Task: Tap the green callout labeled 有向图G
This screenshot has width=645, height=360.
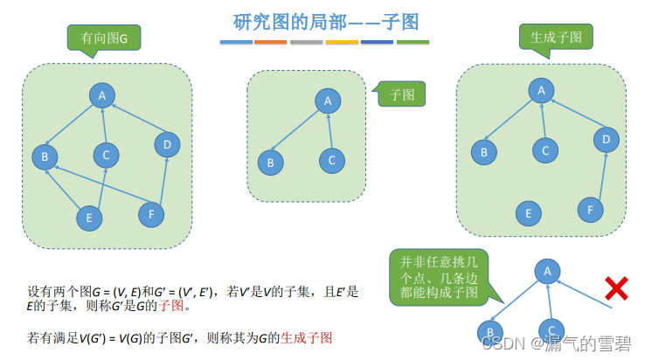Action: tap(104, 38)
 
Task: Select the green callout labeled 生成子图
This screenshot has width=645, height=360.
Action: tap(561, 37)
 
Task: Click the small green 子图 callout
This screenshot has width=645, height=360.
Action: tap(402, 94)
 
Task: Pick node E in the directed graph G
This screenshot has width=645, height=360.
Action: tap(88, 217)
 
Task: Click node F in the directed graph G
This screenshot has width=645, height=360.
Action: tap(151, 213)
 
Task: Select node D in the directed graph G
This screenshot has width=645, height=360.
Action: tap(167, 144)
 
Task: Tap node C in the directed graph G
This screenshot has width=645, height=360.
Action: tap(106, 156)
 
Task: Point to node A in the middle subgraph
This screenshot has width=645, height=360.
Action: tap(328, 101)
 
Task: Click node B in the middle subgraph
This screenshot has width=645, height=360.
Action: tap(271, 162)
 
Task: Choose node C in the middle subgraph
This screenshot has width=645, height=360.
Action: tap(329, 161)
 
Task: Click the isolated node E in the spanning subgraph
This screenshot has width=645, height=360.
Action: tap(526, 213)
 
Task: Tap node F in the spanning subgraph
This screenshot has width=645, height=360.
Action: tap(591, 209)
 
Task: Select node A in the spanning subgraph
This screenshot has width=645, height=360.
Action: tap(542, 90)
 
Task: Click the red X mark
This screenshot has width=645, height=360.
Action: tap(617, 287)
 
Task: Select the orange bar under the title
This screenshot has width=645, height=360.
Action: tap(270, 41)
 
